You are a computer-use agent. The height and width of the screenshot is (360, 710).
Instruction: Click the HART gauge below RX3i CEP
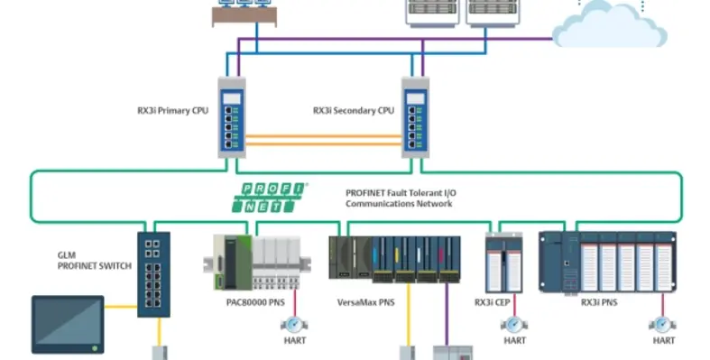click(515, 323)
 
